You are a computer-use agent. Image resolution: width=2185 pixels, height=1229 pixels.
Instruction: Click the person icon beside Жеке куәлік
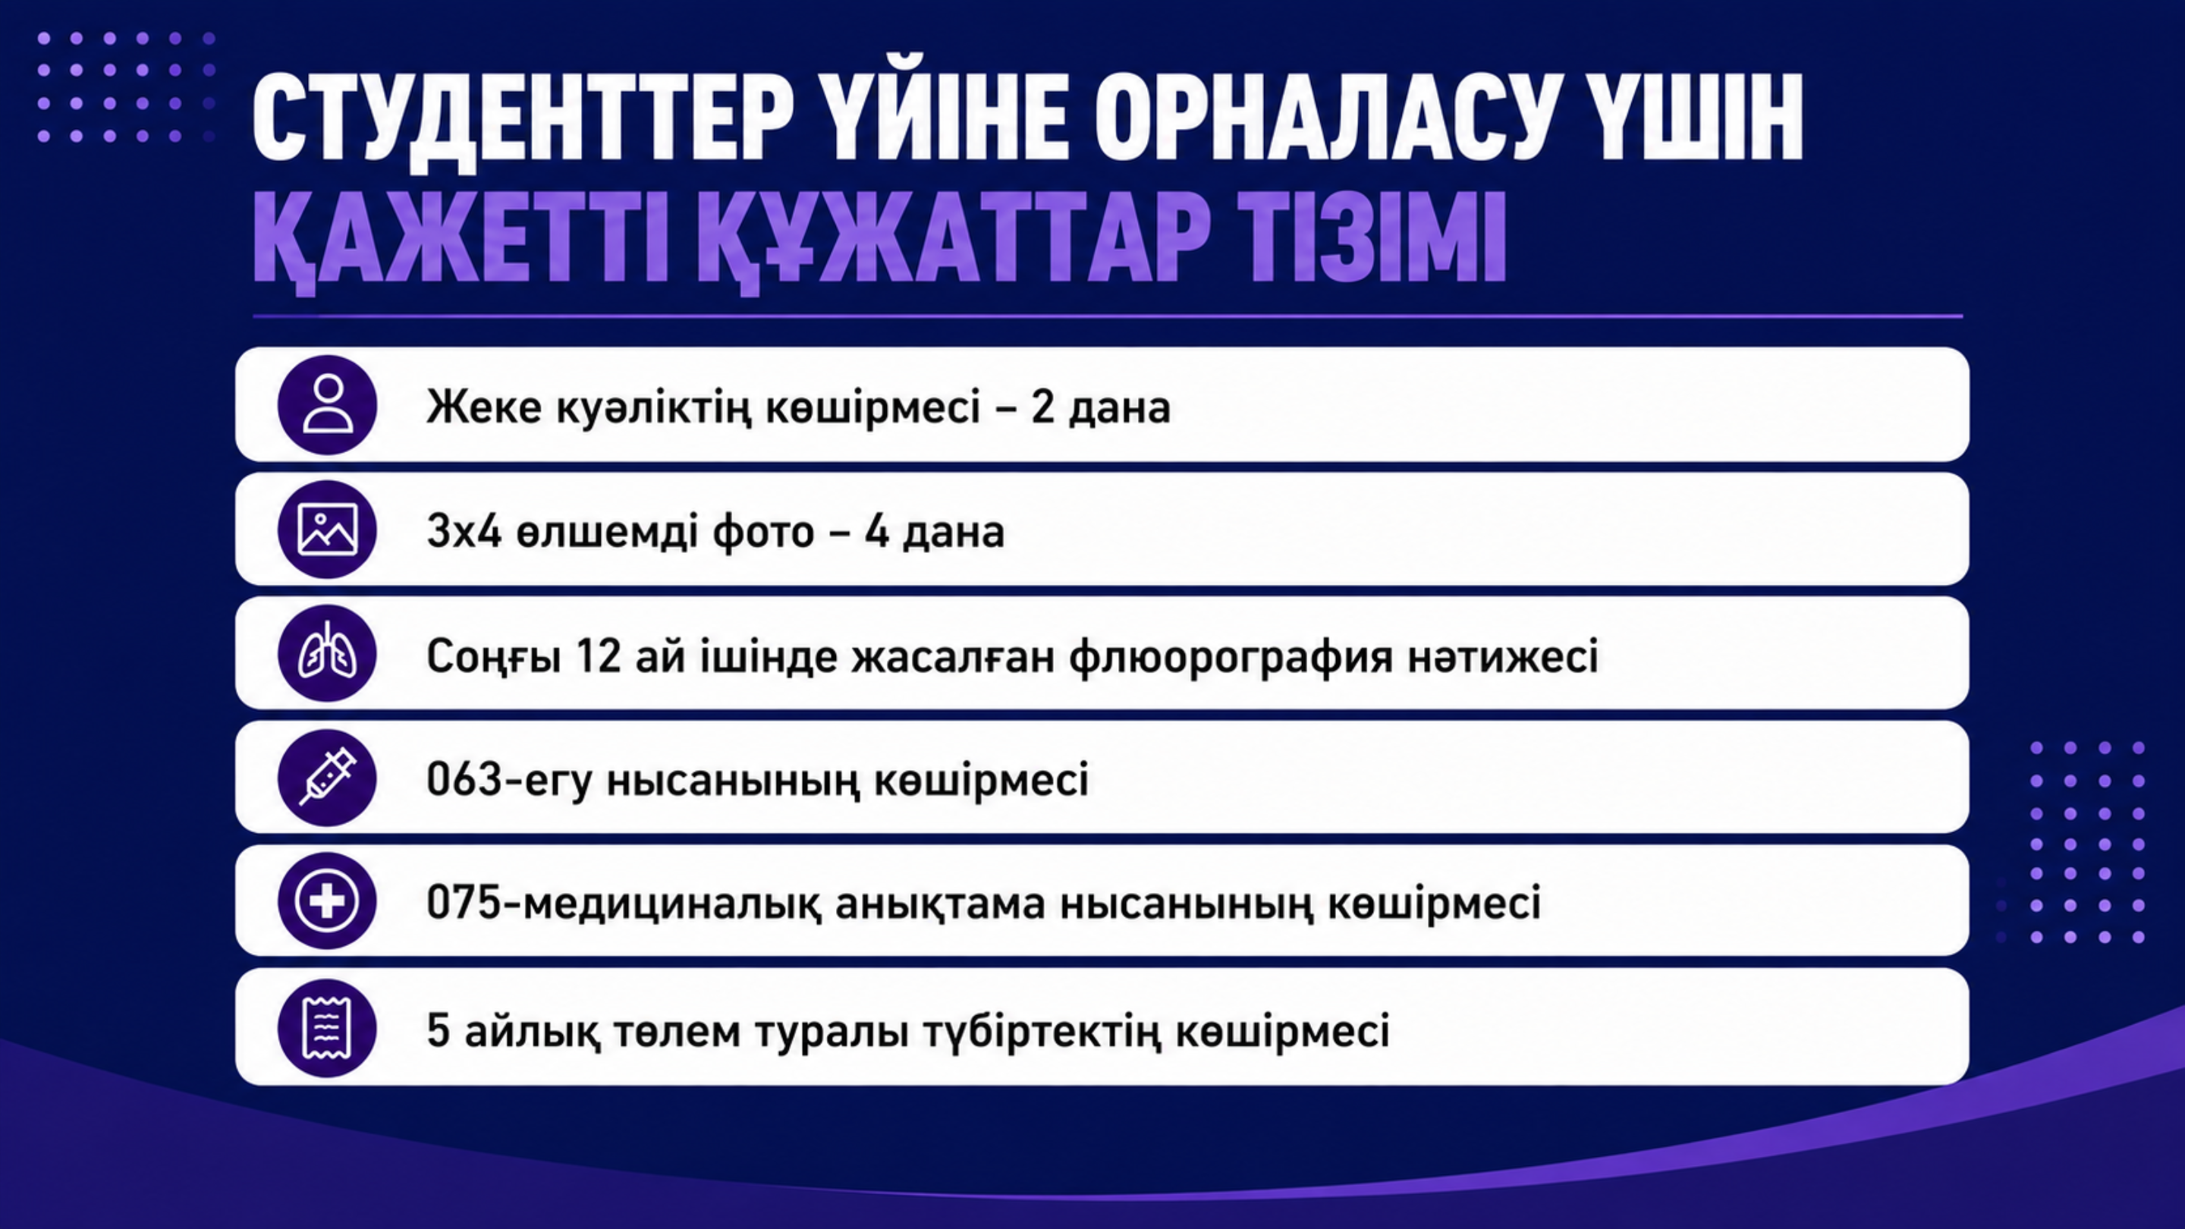pyautogui.click(x=328, y=404)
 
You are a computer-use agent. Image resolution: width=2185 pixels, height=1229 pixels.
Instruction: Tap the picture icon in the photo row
pyautogui.click(x=328, y=530)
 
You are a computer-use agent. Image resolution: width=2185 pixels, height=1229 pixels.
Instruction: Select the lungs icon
pyautogui.click(x=328, y=653)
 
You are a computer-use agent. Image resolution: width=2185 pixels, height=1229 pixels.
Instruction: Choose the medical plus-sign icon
pyautogui.click(x=328, y=901)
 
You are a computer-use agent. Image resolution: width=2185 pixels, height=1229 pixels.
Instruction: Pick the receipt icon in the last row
pyautogui.click(x=328, y=1028)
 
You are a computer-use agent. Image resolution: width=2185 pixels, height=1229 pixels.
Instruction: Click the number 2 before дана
pyautogui.click(x=1042, y=407)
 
